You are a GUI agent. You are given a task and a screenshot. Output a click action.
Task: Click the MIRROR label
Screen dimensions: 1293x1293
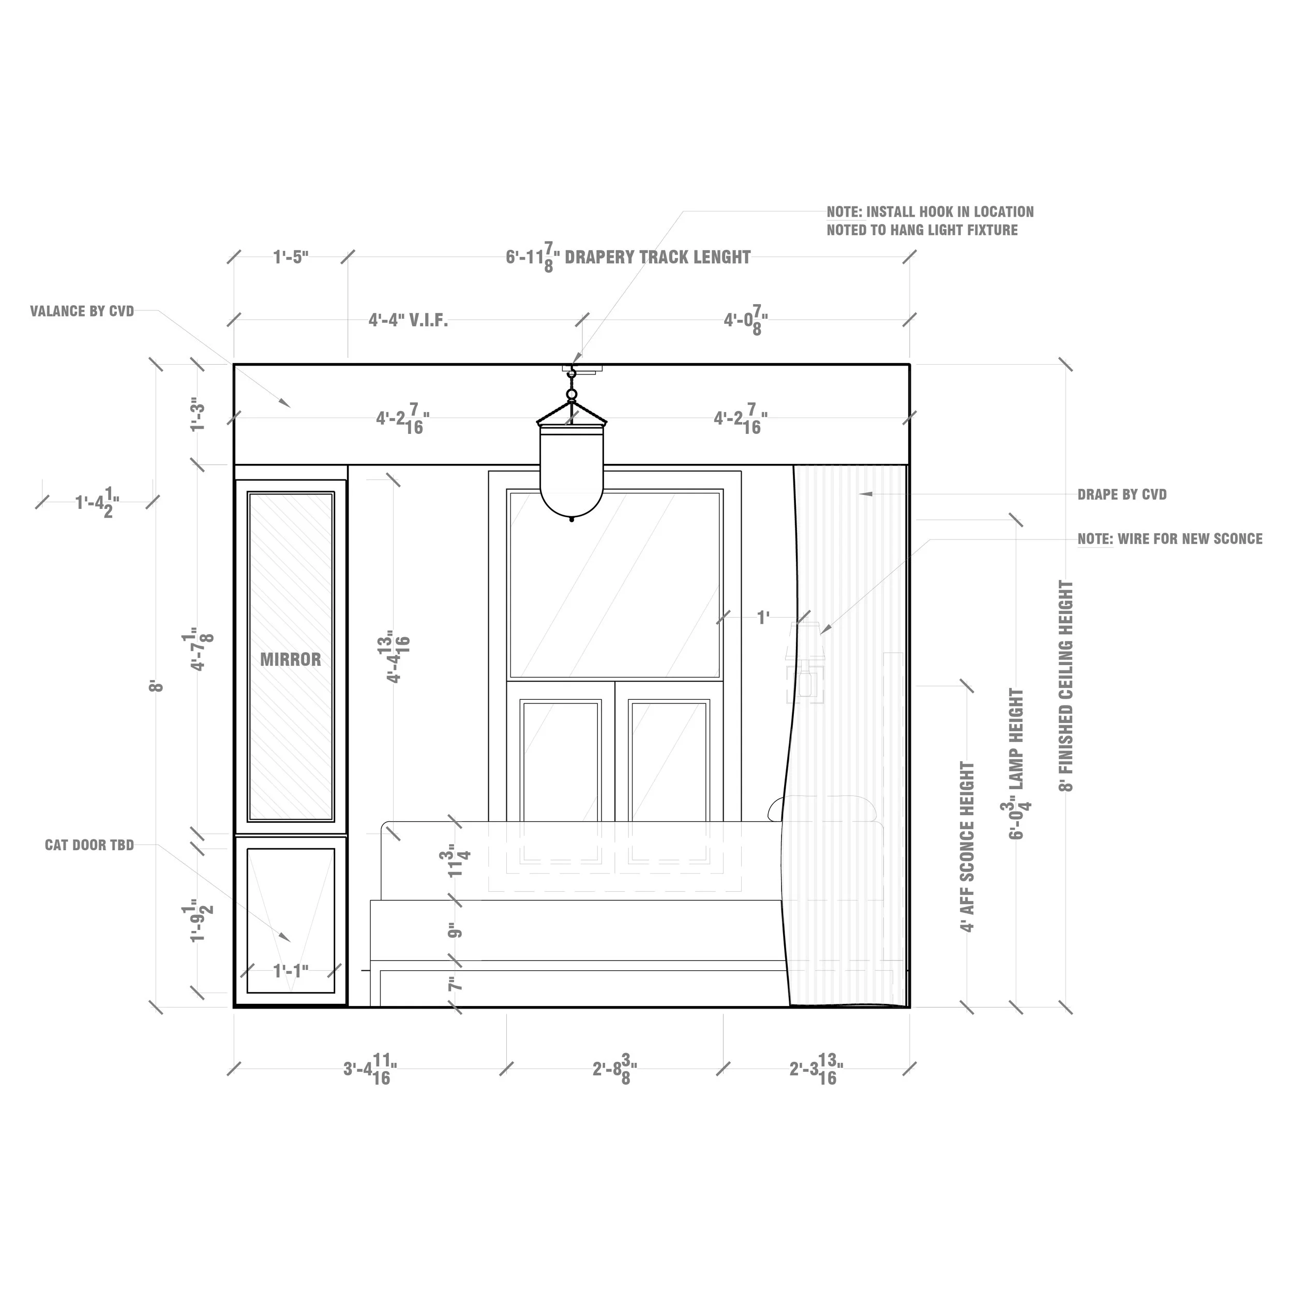tap(291, 660)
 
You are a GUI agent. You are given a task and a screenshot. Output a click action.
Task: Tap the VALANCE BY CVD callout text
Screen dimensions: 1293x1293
tap(82, 311)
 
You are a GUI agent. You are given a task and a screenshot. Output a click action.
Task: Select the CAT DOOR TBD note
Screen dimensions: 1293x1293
tap(89, 845)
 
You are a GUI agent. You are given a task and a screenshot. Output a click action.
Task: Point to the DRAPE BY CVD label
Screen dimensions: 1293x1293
tap(1122, 494)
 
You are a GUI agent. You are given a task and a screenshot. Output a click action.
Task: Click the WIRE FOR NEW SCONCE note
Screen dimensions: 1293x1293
tap(1170, 539)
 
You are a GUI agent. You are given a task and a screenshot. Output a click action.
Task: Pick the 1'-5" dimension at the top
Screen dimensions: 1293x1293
tap(291, 257)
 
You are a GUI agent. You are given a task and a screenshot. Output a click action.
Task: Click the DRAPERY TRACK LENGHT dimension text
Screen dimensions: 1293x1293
tap(628, 258)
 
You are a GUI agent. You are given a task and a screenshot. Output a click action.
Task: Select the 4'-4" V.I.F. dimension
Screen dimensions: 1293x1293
tap(408, 321)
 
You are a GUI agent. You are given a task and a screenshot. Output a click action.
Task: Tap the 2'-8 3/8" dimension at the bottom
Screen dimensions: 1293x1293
tap(614, 1069)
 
